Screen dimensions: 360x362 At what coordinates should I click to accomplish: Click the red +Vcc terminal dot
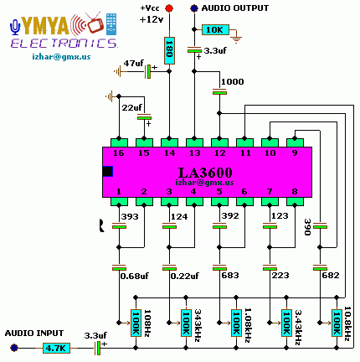tap(169, 8)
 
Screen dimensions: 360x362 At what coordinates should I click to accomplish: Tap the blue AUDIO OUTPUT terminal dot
tap(194, 8)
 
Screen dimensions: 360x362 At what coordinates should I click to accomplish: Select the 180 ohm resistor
tap(169, 50)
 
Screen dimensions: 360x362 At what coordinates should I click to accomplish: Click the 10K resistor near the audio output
tap(215, 29)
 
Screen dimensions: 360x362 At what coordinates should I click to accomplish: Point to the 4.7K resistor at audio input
tap(56, 348)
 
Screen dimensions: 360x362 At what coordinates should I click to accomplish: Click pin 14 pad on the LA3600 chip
tap(169, 142)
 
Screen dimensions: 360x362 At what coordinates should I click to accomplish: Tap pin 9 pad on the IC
tap(295, 142)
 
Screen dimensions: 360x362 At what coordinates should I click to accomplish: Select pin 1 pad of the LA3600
tap(119, 201)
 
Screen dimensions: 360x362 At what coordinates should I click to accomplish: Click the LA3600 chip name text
tap(205, 173)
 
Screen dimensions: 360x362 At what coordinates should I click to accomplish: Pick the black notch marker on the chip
tap(107, 171)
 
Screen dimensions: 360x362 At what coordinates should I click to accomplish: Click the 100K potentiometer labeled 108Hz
tap(136, 323)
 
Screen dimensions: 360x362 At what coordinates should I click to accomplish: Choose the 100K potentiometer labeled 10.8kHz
tap(337, 323)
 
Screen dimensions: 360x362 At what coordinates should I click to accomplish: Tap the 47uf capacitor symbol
tap(147, 72)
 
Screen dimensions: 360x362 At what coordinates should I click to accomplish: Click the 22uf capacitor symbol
tap(144, 117)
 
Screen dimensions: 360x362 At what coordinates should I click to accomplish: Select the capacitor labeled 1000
tap(219, 91)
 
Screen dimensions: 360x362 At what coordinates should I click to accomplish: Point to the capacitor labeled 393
tap(119, 226)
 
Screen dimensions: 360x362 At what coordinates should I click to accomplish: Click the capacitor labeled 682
tap(320, 268)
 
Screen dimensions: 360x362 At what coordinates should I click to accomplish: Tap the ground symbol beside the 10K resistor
tap(237, 39)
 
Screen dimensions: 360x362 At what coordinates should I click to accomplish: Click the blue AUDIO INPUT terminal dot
tap(14, 348)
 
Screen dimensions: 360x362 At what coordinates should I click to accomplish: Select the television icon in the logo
tap(95, 23)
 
